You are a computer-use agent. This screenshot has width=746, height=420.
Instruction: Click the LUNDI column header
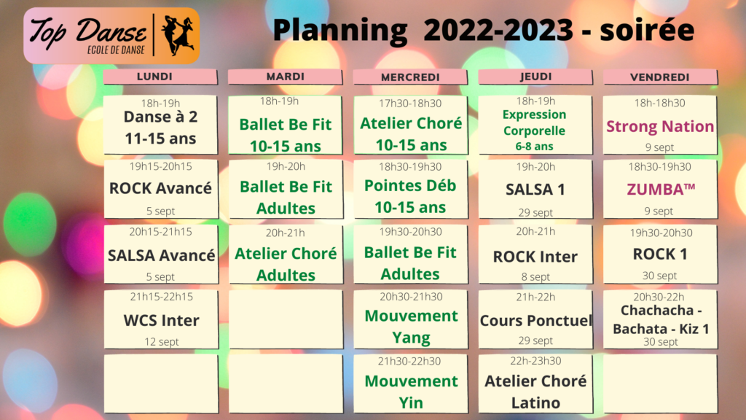click(160, 77)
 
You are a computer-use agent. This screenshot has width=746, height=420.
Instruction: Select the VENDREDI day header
click(660, 77)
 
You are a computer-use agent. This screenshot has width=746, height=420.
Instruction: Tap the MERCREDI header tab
click(410, 77)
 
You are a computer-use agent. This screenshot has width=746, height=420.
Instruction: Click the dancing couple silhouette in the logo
click(178, 35)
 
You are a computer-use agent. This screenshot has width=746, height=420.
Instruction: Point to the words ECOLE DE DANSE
click(116, 50)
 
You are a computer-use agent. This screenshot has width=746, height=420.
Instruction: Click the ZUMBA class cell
click(660, 189)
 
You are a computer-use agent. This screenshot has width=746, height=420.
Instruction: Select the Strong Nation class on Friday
click(660, 125)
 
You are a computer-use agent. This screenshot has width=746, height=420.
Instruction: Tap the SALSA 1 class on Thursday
click(535, 189)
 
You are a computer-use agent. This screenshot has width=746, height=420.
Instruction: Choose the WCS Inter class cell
click(161, 319)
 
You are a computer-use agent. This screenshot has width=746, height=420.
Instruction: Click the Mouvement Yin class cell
click(411, 384)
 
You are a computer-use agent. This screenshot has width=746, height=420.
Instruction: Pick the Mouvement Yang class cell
click(411, 319)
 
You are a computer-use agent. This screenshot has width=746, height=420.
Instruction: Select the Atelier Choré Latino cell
click(535, 384)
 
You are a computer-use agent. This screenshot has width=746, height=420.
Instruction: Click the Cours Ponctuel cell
click(535, 319)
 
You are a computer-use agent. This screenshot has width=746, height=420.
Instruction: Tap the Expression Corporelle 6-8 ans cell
click(535, 125)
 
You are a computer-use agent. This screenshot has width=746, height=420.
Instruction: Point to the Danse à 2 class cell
click(161, 125)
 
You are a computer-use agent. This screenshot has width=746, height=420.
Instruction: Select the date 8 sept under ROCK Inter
click(535, 276)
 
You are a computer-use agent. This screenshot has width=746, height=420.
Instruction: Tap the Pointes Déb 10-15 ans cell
click(411, 189)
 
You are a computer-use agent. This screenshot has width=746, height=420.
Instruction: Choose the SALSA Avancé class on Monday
click(161, 254)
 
